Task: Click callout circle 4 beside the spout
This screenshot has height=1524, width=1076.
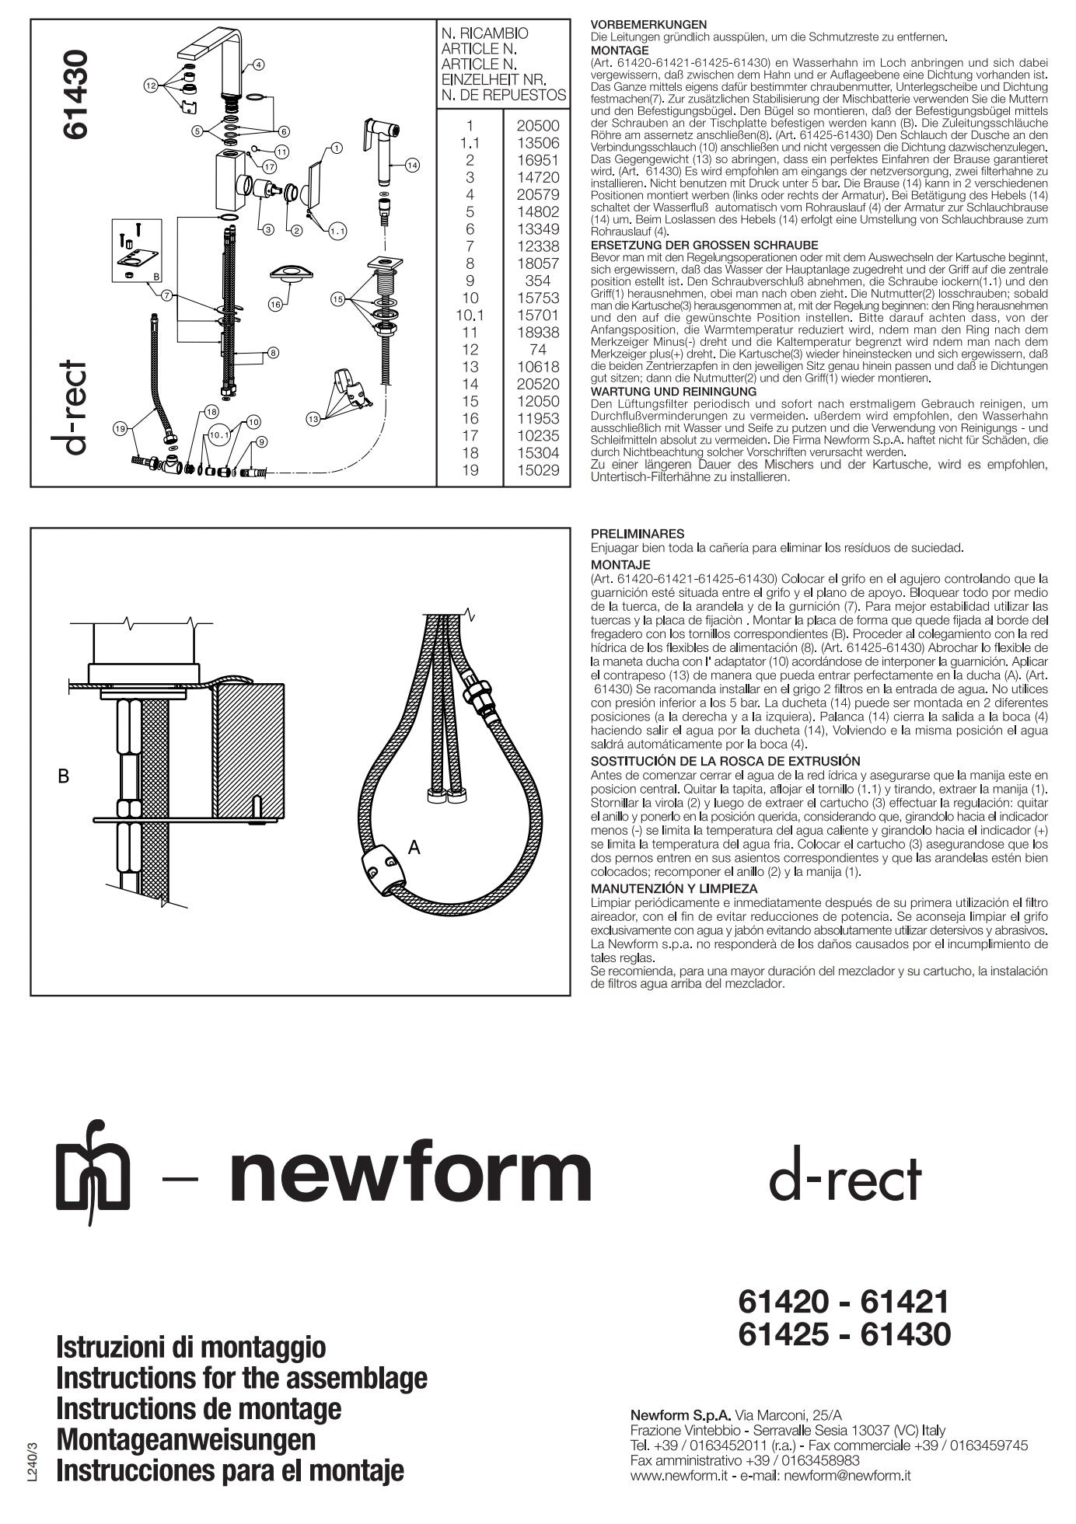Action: point(258,65)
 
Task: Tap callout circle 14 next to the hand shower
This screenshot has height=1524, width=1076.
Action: point(412,165)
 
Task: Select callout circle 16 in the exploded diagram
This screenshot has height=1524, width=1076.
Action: point(274,305)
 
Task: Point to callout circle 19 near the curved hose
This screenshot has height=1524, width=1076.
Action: point(119,428)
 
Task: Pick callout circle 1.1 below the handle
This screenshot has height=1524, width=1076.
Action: point(337,231)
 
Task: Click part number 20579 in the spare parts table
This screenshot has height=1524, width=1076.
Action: point(538,194)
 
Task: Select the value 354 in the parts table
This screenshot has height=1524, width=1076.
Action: point(538,281)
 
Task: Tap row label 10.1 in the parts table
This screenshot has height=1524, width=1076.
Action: point(470,315)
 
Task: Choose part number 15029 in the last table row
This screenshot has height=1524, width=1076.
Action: point(538,470)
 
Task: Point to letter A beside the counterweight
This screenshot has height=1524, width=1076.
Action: point(414,848)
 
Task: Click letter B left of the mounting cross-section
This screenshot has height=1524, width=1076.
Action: point(65,776)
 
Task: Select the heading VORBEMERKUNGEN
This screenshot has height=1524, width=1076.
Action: point(648,25)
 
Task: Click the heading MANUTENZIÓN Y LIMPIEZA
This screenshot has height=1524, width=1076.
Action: point(674,888)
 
